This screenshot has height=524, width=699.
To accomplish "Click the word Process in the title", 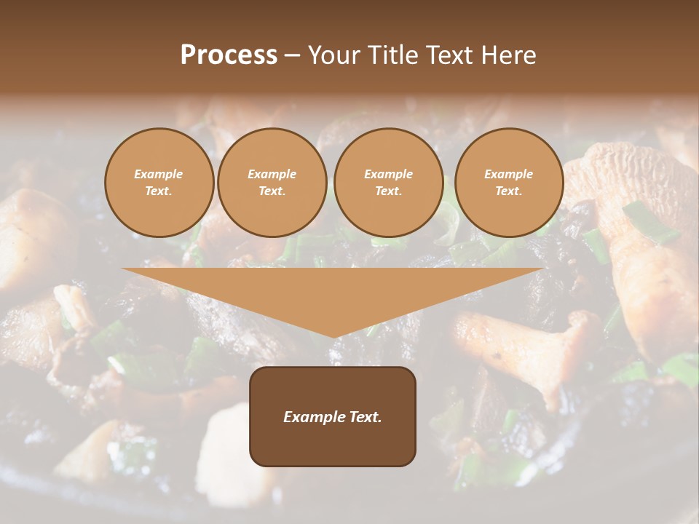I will tap(229, 55).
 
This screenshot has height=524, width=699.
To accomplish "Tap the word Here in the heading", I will tap(509, 55).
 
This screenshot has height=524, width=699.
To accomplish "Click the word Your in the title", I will tap(334, 55).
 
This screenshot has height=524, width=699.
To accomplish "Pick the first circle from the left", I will tap(159, 183).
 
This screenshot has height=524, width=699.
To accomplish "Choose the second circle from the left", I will tap(272, 183).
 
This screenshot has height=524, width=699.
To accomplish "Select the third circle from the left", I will tap(388, 183).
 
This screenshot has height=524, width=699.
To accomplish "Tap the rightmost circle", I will tap(509, 183).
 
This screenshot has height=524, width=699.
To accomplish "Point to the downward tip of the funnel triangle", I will tap(333, 337).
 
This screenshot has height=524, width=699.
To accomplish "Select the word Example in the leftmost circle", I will tap(159, 174).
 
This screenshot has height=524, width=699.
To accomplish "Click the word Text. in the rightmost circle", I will tap(509, 191).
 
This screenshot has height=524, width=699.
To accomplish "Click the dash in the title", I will tap(292, 55).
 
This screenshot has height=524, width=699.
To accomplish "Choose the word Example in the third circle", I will tap(388, 174).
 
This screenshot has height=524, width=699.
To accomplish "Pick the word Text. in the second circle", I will tap(272, 191).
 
